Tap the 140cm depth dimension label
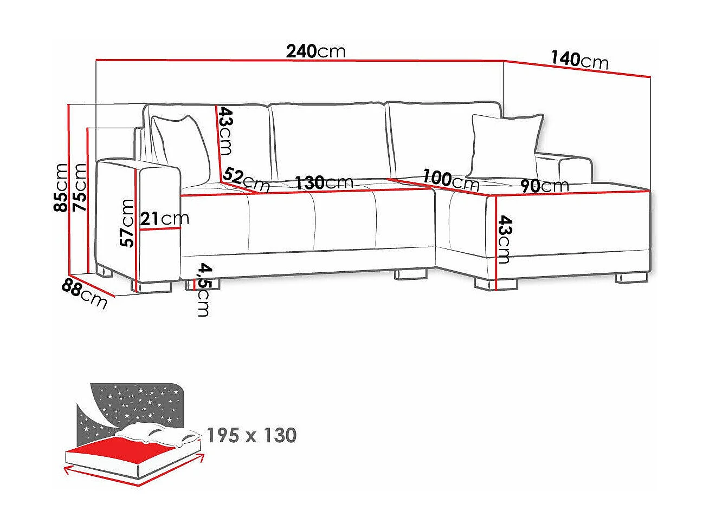[579, 60]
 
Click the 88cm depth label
[85, 293]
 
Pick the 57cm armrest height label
[127, 223]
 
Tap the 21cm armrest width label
[164, 219]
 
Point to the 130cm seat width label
[324, 182]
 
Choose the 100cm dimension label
[451, 180]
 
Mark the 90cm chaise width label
[544, 186]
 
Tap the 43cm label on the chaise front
[504, 239]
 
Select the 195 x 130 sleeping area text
[252, 435]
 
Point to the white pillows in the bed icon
[157, 433]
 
